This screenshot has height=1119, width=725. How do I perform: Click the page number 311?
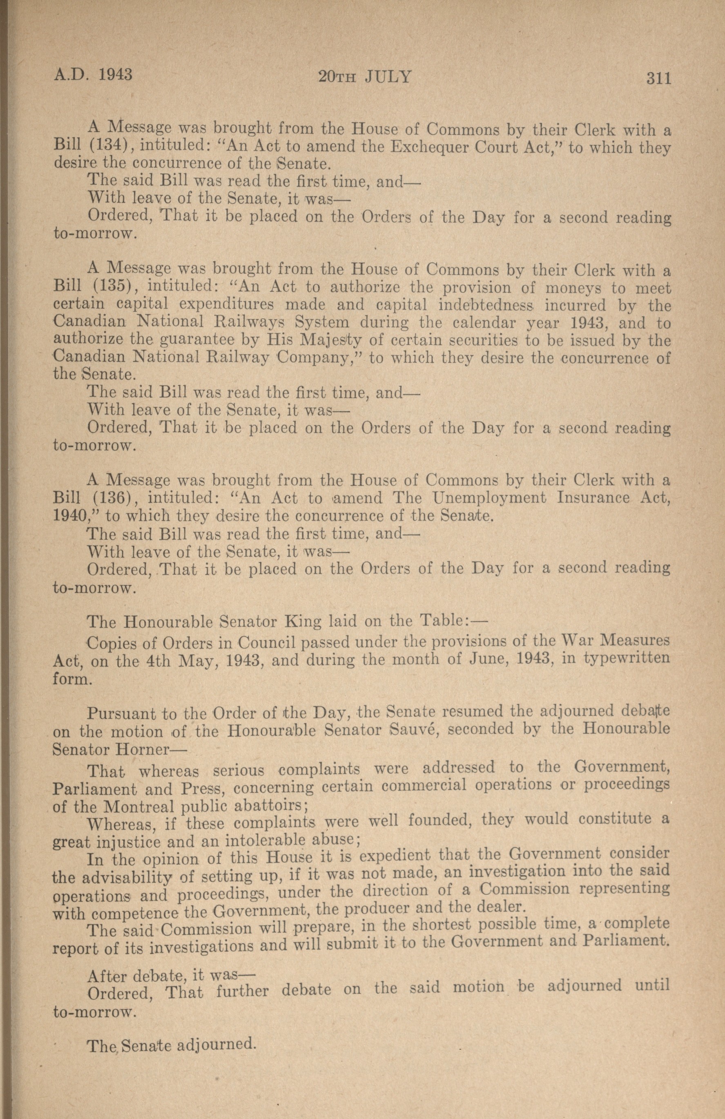[x=658, y=78]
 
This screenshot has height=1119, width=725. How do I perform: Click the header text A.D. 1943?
[x=93, y=75]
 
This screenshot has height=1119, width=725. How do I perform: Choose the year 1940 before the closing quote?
[x=69, y=516]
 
